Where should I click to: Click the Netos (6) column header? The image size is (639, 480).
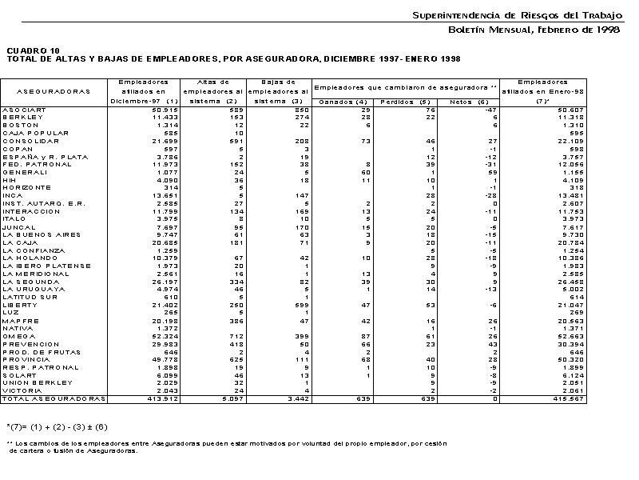pyautogui.click(x=469, y=102)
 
